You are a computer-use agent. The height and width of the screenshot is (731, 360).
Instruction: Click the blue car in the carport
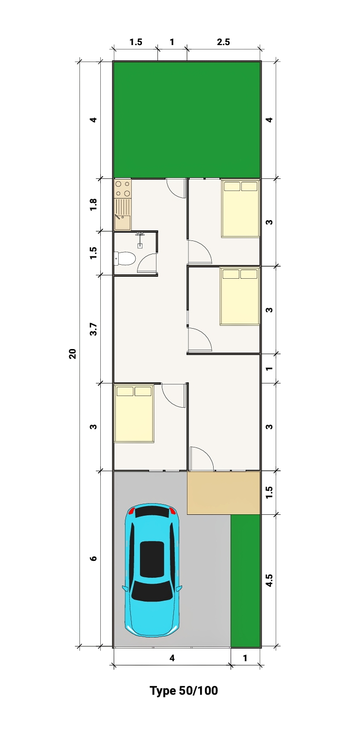(x=152, y=571)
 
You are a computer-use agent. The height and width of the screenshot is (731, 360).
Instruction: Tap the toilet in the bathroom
(x=125, y=258)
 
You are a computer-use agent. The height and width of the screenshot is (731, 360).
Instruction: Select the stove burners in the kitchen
(x=123, y=189)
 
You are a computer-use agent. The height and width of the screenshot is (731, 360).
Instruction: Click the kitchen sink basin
(x=122, y=222)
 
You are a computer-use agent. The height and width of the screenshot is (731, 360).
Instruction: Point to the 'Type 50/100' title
(x=184, y=690)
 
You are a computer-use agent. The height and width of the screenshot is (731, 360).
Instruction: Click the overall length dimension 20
(x=72, y=354)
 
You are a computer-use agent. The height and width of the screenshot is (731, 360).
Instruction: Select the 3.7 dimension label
(x=94, y=329)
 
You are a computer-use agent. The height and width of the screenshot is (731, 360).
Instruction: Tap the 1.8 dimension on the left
(x=94, y=204)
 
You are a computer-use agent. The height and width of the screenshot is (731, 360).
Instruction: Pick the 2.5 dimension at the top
(x=223, y=42)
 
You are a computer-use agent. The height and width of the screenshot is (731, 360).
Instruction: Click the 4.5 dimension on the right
(x=269, y=581)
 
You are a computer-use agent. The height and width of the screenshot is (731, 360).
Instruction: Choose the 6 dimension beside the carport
(x=94, y=558)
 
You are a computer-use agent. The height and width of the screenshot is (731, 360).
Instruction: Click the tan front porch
(x=223, y=493)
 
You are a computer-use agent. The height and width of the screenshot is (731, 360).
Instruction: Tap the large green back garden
(x=187, y=119)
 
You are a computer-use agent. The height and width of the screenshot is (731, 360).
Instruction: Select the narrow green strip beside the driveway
(x=245, y=581)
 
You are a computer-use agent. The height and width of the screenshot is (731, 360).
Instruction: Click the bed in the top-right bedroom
(x=240, y=208)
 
